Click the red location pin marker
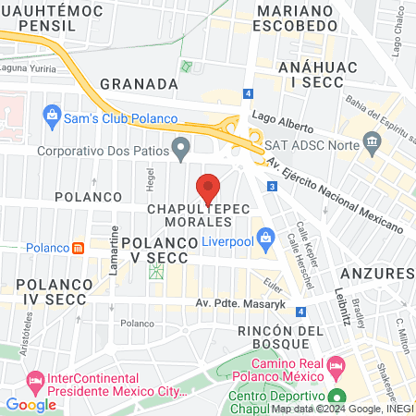(x=209, y=188)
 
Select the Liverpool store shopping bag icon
(x=266, y=239)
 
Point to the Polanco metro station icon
(x=79, y=248)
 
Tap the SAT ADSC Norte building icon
(x=373, y=142)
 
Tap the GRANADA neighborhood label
(x=138, y=84)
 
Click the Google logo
(x=31, y=404)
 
